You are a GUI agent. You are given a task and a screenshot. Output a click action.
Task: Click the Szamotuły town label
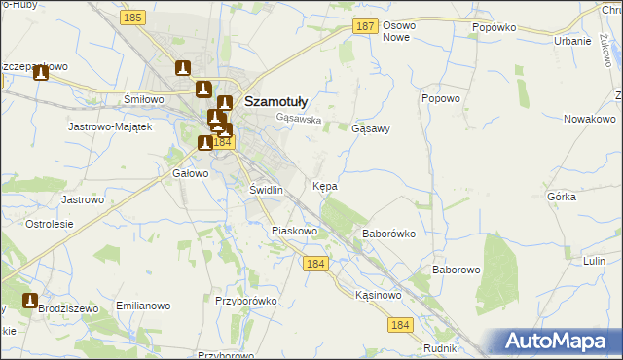(x=276, y=100)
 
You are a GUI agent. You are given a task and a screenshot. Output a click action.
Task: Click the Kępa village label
(x=325, y=184)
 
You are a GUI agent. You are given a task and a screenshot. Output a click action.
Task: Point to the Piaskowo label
(x=295, y=231)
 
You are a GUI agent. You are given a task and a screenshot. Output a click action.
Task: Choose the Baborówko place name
(x=389, y=234)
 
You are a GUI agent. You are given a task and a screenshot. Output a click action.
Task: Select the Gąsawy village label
(x=370, y=127)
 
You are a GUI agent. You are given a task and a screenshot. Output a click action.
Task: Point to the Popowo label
(x=440, y=98)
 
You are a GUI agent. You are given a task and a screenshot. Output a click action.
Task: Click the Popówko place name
(x=494, y=28)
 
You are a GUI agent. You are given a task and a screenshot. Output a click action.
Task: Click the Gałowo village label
(x=191, y=173)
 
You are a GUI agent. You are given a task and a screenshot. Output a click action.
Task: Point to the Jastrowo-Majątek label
(x=109, y=126)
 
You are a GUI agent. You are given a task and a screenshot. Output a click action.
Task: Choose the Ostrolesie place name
(x=50, y=224)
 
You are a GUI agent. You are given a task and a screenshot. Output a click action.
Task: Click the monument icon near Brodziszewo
(x=30, y=301)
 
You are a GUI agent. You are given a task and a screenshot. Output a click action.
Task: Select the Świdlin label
(x=266, y=190)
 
